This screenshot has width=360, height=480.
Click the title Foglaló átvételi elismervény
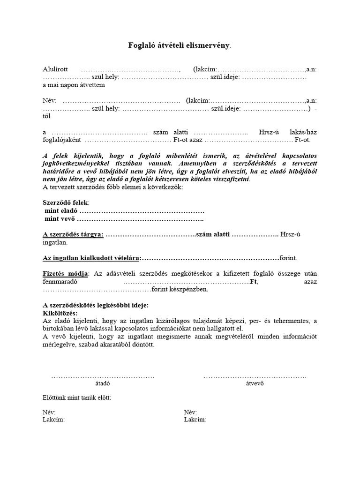click(180, 45)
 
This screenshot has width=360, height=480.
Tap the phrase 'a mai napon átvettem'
click(74, 85)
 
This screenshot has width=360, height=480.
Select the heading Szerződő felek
click(65, 202)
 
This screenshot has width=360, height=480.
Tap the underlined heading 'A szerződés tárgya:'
click(73, 234)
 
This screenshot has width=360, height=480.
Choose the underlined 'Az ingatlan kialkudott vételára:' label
click(91, 258)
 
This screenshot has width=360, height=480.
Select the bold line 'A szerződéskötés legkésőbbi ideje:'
click(95, 305)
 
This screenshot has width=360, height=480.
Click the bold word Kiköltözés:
click(60, 313)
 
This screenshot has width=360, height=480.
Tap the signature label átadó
click(103, 383)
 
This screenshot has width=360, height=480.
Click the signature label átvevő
click(255, 383)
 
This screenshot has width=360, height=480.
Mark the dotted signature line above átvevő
click(255, 376)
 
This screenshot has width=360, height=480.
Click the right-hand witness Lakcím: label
click(195, 420)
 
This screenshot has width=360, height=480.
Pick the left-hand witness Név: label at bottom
click(49, 412)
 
